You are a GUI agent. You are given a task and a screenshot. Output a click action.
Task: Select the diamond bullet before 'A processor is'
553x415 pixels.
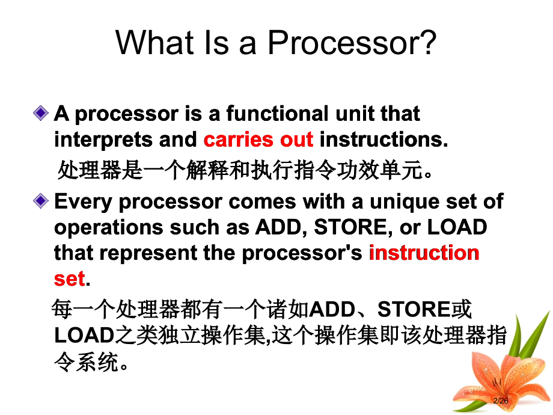pyautogui.click(x=41, y=113)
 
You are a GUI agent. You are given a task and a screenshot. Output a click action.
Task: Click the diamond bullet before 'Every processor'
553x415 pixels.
pyautogui.click(x=41, y=201)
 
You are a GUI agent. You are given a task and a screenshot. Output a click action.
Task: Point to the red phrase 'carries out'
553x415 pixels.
pyautogui.click(x=258, y=140)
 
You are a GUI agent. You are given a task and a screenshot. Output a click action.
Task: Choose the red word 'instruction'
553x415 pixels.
pyautogui.click(x=424, y=253)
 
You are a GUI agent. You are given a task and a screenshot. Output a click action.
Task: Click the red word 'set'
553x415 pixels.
pyautogui.click(x=69, y=278)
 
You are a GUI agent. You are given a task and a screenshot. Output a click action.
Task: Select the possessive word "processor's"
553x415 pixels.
pyautogui.click(x=302, y=253)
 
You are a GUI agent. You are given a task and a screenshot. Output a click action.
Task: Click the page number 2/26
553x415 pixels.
pyautogui.click(x=500, y=401)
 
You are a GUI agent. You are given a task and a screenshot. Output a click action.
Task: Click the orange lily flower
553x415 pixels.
pyautogui.click(x=493, y=379)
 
